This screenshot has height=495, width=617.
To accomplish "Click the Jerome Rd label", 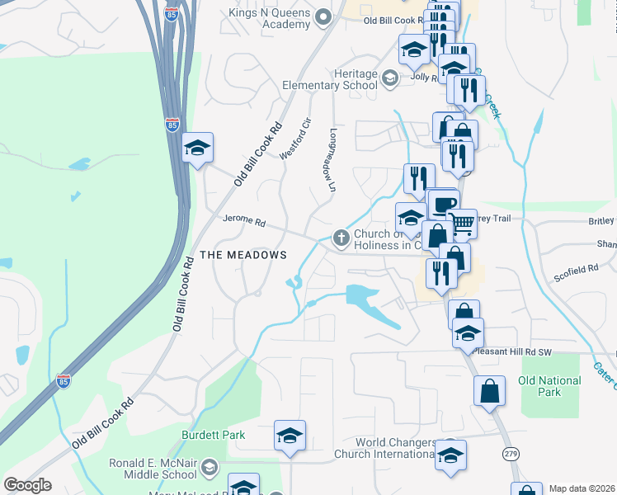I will point(243,221).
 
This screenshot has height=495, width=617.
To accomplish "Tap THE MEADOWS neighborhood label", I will point(243,255).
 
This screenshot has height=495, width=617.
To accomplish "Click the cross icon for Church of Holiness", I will point(341,238).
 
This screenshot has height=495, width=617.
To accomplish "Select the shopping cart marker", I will point(462,221).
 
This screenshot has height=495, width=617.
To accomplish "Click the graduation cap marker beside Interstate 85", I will point(197,148).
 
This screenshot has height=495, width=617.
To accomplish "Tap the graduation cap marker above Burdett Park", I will point(290,435).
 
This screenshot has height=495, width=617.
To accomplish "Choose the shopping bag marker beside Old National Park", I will point(490,391).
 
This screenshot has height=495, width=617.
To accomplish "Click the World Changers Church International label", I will point(385,448).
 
